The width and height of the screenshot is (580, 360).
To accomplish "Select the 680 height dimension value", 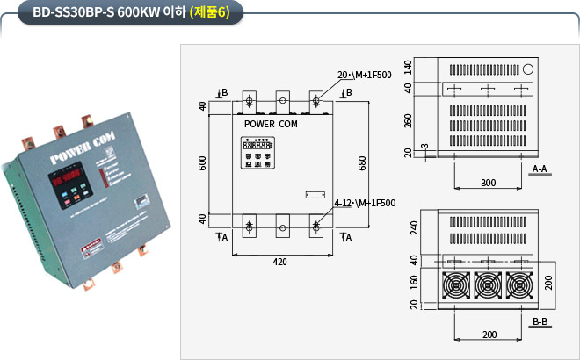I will click(x=362, y=163).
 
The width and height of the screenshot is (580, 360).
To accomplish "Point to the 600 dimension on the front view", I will click(x=204, y=163).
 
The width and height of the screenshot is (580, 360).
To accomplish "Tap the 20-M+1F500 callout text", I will click(x=363, y=75).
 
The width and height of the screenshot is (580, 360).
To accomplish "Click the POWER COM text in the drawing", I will click(x=270, y=125).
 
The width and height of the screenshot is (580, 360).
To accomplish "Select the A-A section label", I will click(x=540, y=167).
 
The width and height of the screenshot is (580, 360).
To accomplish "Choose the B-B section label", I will click(x=540, y=322).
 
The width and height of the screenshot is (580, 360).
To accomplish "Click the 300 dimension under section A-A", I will click(x=489, y=183).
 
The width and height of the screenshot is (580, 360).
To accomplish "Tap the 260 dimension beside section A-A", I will click(x=408, y=120).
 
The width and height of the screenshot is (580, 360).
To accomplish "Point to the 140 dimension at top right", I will click(x=408, y=67).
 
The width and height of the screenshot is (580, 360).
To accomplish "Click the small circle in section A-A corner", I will click(x=528, y=68).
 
